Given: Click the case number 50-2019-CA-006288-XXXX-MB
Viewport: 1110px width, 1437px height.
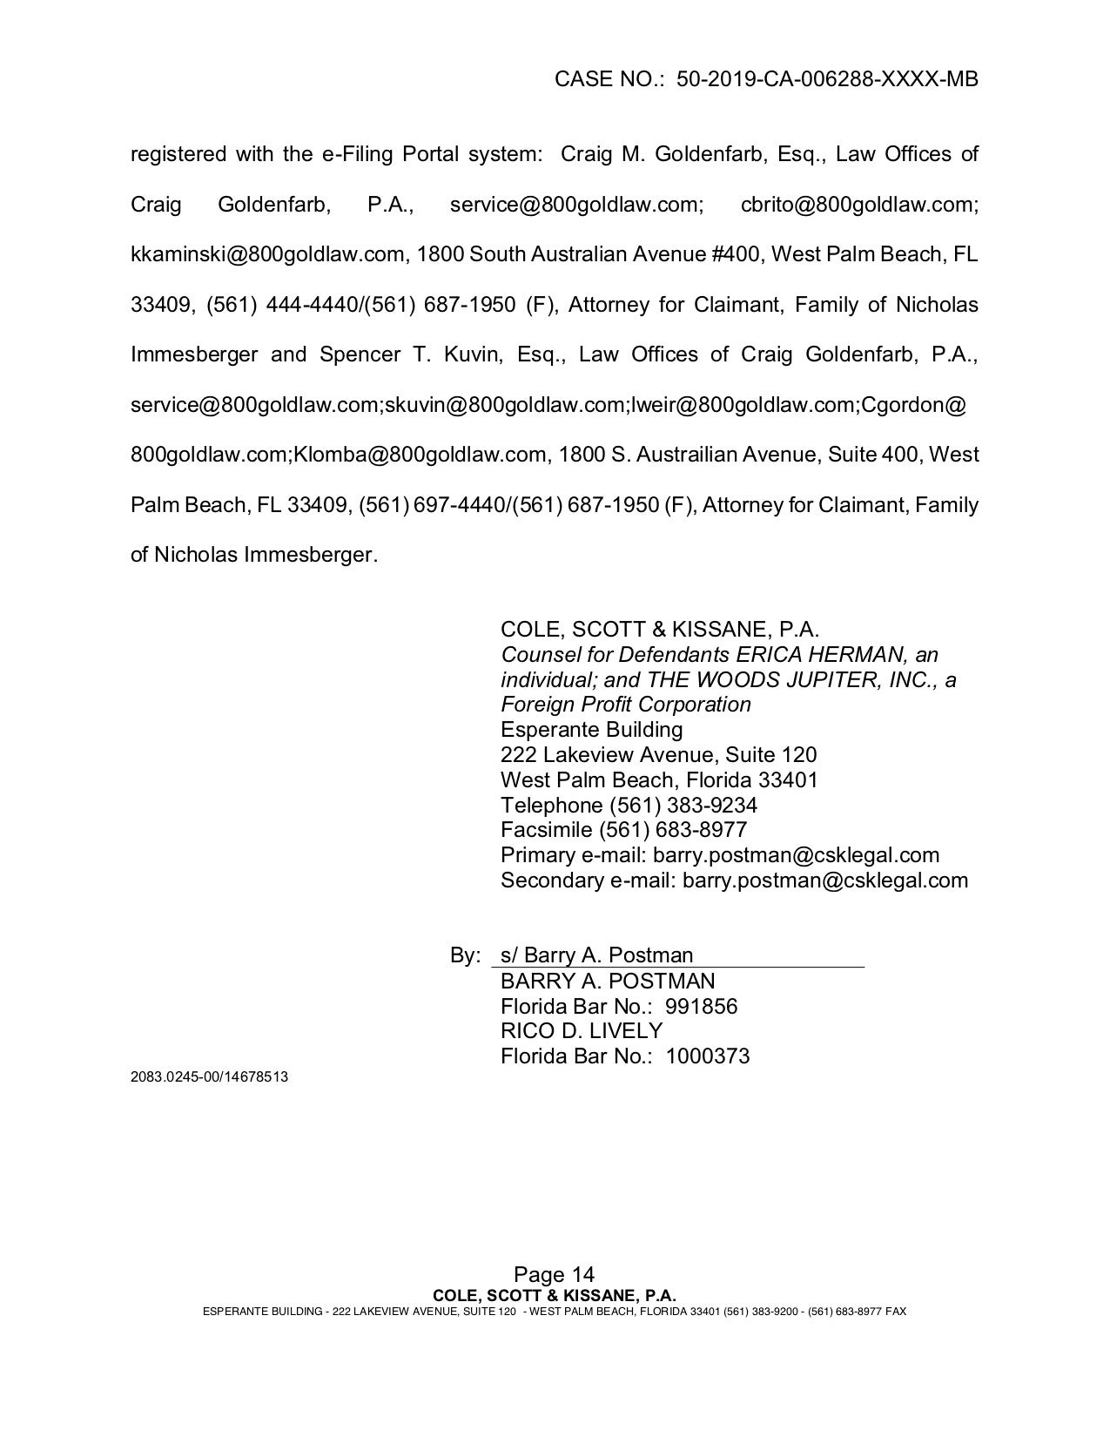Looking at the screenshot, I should [827, 79].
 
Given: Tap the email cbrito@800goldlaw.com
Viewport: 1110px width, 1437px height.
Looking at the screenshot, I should [859, 204].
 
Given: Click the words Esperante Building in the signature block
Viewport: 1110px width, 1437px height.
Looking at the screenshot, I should [591, 729].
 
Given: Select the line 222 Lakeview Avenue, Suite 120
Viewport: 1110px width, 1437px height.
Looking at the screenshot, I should [658, 754].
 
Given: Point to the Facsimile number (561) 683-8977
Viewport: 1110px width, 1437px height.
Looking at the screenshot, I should [677, 829].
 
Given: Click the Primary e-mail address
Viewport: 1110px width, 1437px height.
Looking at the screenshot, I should [796, 855].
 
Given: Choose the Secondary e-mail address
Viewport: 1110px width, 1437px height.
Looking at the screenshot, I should [824, 880].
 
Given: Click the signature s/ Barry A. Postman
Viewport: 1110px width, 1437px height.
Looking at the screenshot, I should [596, 955].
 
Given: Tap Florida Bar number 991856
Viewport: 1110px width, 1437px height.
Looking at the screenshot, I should [701, 1007].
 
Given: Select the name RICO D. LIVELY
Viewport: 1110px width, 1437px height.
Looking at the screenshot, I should [581, 1031].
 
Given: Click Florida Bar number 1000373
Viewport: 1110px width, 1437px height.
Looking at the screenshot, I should [707, 1056].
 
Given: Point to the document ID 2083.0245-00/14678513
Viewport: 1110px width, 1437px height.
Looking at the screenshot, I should [209, 1076].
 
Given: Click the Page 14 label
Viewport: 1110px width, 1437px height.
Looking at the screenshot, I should [554, 1276].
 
